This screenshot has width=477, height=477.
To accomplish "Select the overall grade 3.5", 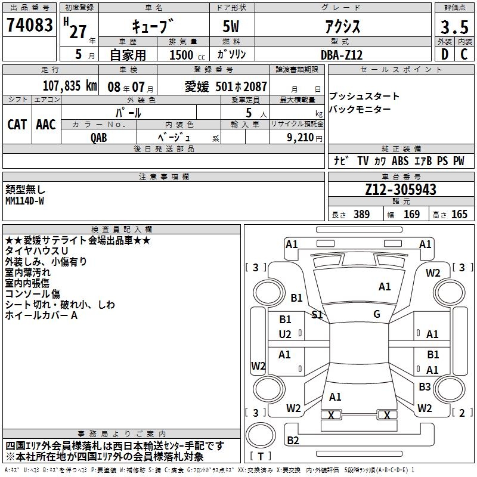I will pyautogui.click(x=453, y=27).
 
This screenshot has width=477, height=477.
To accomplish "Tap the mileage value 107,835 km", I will pyautogui.click(x=70, y=86).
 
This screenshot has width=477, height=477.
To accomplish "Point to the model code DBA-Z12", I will pyautogui.click(x=342, y=54).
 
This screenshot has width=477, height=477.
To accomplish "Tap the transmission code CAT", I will pyautogui.click(x=17, y=124).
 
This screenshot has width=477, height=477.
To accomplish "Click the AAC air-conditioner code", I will pyautogui.click(x=46, y=124).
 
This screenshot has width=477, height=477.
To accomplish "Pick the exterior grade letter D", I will pyautogui.click(x=444, y=54).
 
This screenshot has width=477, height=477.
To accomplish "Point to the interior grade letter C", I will pyautogui.click(x=464, y=54).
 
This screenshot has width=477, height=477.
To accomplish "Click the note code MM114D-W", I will pyautogui.click(x=24, y=201).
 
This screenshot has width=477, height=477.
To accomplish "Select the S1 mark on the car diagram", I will pyautogui.click(x=318, y=314).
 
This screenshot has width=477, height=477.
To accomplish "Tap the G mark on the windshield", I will pyautogui.click(x=377, y=314).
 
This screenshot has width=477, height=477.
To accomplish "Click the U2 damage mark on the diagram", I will pyautogui.click(x=285, y=334).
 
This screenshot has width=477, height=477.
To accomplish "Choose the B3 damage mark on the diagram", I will pyautogui.click(x=424, y=387).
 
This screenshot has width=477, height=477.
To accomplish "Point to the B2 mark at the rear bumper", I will pyautogui.click(x=293, y=441).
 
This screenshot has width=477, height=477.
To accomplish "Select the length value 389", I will pyautogui.click(x=361, y=215).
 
